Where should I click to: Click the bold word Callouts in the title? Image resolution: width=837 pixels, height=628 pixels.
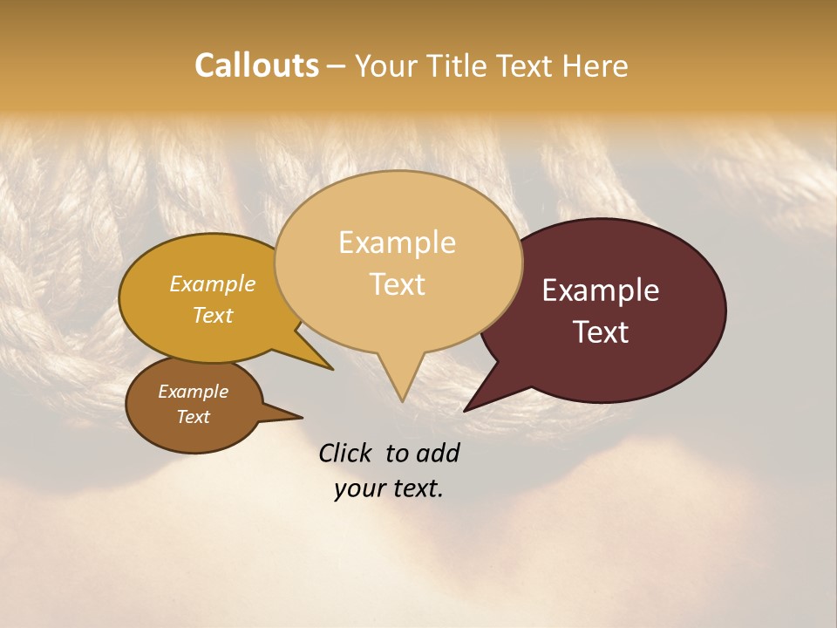click(256, 65)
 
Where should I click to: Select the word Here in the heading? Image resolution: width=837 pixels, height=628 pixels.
click(595, 65)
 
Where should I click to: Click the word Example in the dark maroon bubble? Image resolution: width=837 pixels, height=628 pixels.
click(601, 290)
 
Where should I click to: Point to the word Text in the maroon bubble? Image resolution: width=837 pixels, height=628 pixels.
click(601, 332)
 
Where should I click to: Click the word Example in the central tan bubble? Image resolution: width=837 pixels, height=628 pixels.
click(397, 242)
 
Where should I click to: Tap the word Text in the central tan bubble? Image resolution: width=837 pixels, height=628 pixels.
click(397, 284)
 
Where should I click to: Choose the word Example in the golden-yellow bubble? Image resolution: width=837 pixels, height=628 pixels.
click(213, 283)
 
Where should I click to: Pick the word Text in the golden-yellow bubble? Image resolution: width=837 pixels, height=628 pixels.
click(213, 315)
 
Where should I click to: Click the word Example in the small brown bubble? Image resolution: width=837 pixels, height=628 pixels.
click(193, 392)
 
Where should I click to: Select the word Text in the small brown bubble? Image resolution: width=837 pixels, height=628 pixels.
click(193, 417)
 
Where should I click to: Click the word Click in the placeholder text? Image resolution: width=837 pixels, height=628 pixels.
click(346, 453)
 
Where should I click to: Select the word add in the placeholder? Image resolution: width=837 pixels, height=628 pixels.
click(439, 453)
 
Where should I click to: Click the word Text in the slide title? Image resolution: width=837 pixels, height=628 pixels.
click(527, 65)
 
